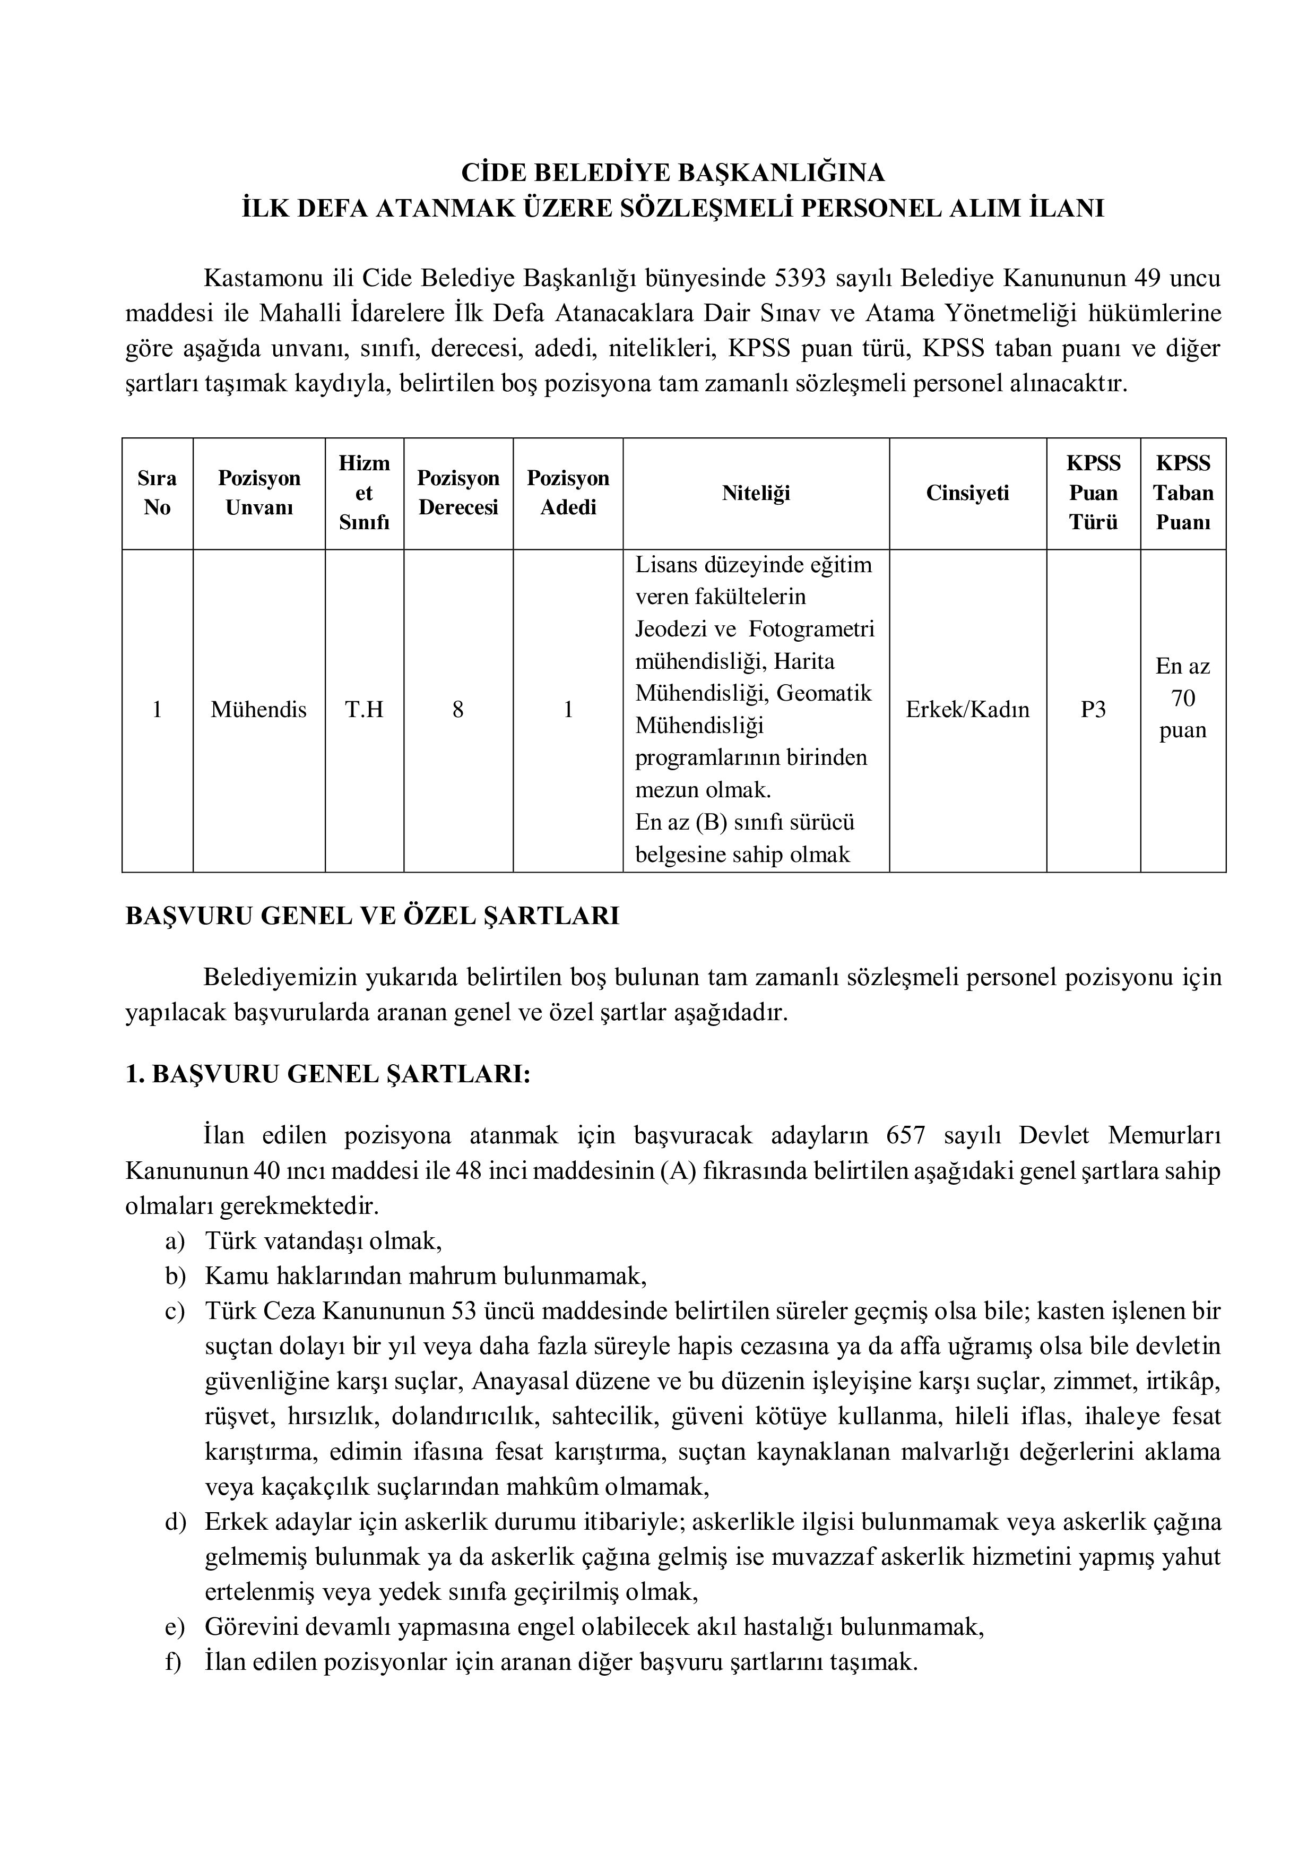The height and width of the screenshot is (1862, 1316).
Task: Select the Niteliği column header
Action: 756,493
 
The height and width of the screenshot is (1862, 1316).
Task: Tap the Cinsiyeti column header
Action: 967,493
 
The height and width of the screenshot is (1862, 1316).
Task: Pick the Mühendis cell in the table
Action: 258,710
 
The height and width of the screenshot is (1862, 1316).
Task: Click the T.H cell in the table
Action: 364,710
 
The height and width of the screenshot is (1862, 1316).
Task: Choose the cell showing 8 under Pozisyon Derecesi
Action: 458,710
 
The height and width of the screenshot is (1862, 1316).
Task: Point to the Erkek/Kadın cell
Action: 967,710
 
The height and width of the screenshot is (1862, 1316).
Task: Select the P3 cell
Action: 1093,710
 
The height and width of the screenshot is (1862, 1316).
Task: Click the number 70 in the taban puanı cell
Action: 1183,699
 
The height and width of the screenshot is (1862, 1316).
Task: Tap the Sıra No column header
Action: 157,493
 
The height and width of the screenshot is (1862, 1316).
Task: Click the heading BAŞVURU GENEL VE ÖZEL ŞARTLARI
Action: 372,916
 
